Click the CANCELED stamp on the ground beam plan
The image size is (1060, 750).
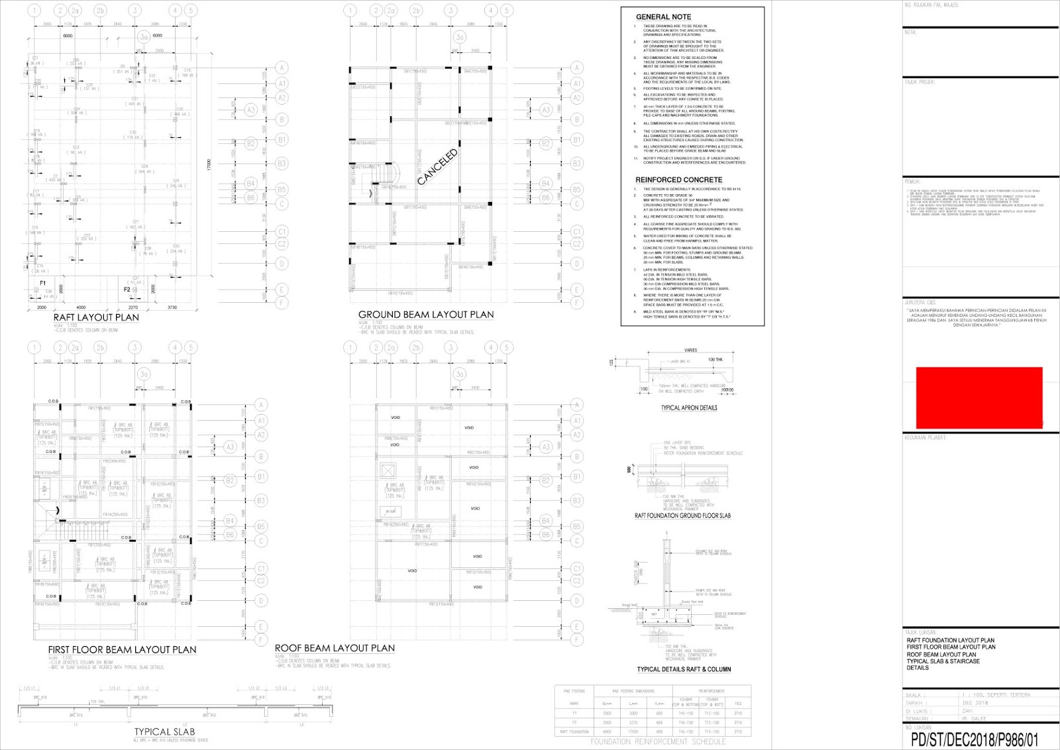coord(437,167)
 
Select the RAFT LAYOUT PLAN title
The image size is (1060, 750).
coord(96,317)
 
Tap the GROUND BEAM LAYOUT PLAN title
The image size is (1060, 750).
coord(426,315)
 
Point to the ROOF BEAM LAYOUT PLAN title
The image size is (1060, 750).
coord(335,648)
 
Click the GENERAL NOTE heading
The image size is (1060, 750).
coord(663,17)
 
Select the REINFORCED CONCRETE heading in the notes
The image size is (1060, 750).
coord(678,180)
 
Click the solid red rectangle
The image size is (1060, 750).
coord(979,398)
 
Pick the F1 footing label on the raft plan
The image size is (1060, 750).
coord(43,283)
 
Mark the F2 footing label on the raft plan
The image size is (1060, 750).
coord(127,290)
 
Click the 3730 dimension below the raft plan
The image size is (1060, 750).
coord(172,307)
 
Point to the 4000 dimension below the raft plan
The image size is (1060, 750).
coord(81,307)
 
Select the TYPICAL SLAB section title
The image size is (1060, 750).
coord(164,731)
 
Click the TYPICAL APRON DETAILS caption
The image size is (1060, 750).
coord(688,408)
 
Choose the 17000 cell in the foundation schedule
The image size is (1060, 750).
coord(633,731)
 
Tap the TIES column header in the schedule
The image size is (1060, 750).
coord(738,704)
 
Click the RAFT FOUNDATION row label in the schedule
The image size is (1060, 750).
coord(574,731)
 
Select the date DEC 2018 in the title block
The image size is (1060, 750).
coord(975,703)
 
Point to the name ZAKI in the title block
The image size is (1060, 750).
coord(968,711)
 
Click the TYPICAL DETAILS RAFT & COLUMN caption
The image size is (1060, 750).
coord(684,669)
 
